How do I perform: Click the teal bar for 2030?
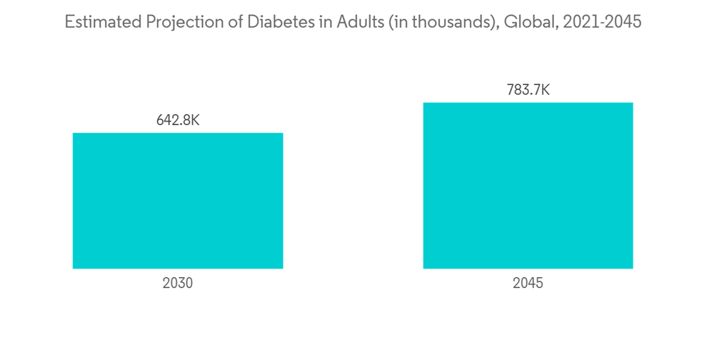pos(178,201)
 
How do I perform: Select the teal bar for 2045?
pos(528,186)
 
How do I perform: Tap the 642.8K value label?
pos(178,120)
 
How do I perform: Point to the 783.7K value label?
pos(528,90)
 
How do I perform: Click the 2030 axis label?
pos(178,283)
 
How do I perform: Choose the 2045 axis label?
pos(528,283)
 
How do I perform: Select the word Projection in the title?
pos(174,22)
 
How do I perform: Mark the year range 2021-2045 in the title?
pos(602,22)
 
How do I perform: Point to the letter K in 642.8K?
pos(195,120)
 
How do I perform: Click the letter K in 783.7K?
pos(545,90)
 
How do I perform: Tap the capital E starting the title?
pos(69,22)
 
